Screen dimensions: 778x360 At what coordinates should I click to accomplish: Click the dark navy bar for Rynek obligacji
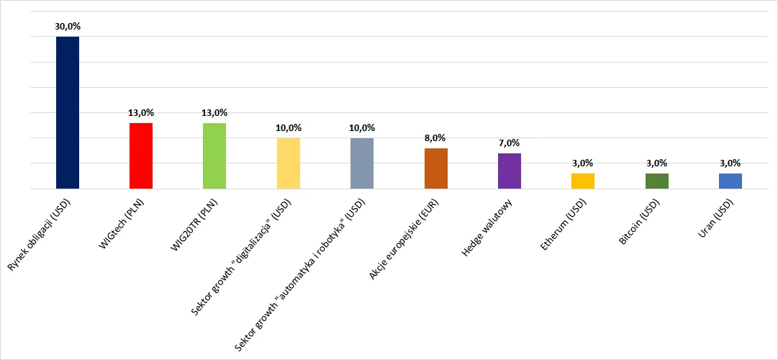(x=68, y=113)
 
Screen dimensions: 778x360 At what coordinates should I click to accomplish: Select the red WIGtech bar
(x=141, y=156)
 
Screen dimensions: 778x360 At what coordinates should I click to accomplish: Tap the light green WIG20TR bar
(x=214, y=156)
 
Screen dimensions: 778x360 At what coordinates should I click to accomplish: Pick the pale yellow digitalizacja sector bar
(x=289, y=163)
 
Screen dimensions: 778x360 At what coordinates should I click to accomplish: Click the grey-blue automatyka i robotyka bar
(x=362, y=163)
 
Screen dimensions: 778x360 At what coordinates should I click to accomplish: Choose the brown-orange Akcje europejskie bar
(x=435, y=168)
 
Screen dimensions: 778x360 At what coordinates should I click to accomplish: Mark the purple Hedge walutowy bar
(x=509, y=171)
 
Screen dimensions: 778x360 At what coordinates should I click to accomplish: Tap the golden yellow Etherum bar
(x=583, y=181)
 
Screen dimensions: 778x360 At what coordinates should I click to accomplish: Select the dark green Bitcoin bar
(x=656, y=181)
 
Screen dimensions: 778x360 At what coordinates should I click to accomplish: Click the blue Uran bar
(x=730, y=181)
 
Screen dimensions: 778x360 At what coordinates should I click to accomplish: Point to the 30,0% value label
(x=68, y=27)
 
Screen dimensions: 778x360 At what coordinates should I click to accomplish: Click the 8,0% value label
(x=435, y=138)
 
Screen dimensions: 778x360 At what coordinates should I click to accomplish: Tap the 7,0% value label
(x=509, y=143)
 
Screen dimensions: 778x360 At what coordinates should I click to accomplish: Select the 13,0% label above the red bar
(x=141, y=113)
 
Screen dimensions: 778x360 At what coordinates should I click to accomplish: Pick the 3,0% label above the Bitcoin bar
(x=656, y=163)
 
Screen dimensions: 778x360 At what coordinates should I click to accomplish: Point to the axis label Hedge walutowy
(x=490, y=227)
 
